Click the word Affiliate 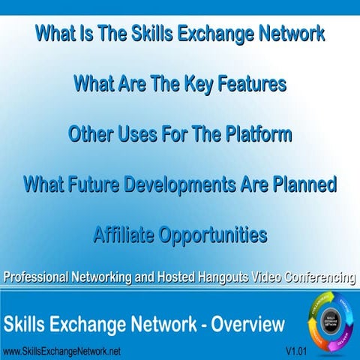[126, 235]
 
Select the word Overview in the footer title [247, 325]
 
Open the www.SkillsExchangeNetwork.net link [61, 351]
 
